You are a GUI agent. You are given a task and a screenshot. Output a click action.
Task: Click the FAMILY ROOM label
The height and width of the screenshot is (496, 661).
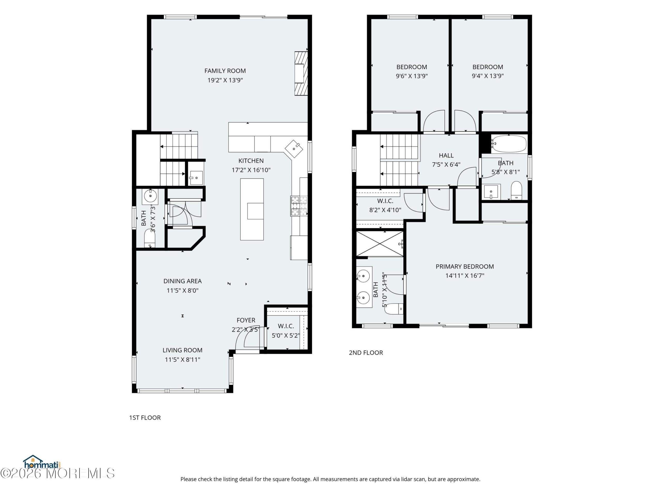(x=225, y=71)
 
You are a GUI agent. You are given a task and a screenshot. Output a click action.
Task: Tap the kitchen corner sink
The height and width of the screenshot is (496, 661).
(x=294, y=149)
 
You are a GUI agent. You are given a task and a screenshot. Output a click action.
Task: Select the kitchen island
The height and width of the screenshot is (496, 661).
(x=252, y=209)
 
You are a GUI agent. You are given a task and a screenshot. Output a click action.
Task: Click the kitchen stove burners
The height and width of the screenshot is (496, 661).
(x=299, y=206)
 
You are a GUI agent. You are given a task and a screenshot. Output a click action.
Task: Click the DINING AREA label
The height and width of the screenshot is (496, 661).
(x=183, y=281)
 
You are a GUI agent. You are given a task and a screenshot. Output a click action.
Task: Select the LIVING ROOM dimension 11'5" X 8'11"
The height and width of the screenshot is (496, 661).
(x=183, y=360)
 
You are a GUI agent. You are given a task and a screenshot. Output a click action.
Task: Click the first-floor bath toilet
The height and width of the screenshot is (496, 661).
(x=150, y=238)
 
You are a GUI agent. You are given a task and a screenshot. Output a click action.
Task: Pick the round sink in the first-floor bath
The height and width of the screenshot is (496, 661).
(x=150, y=196)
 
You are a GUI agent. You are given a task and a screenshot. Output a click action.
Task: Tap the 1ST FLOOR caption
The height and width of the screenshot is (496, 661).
(x=145, y=418)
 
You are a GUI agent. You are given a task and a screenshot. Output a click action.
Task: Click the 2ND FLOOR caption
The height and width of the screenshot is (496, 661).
(x=366, y=352)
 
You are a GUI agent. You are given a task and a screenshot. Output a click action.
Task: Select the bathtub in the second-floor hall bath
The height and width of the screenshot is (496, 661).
(x=509, y=144)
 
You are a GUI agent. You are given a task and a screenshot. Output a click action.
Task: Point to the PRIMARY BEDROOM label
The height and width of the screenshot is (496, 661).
(x=465, y=266)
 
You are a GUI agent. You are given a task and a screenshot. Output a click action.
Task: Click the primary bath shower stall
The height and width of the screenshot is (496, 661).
(x=380, y=243)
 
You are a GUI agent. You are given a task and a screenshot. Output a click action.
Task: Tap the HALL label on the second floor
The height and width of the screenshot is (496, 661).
(x=446, y=156)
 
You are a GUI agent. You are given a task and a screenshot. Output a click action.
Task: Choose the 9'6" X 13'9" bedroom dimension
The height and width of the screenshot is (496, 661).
(x=412, y=76)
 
